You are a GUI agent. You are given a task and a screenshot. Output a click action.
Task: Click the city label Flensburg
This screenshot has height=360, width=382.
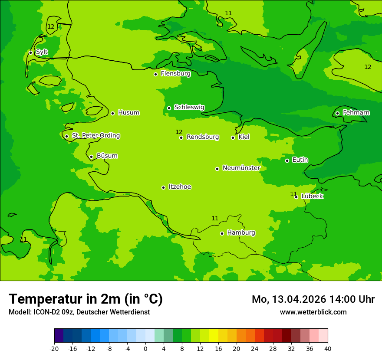(x=175, y=74)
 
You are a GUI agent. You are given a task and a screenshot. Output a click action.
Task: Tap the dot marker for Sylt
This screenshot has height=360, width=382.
(x=30, y=52)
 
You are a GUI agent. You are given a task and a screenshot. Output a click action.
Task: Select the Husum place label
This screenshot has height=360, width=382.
(x=128, y=113)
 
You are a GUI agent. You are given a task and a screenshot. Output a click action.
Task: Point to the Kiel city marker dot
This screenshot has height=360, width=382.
(x=233, y=137)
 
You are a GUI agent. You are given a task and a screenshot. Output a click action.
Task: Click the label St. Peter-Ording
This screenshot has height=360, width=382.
(x=95, y=136)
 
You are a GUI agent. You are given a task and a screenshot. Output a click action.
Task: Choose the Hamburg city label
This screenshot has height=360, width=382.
(x=241, y=233)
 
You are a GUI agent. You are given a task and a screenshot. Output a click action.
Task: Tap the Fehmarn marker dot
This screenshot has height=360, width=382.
(x=337, y=113)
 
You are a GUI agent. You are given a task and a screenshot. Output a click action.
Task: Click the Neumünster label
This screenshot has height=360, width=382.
(x=241, y=168)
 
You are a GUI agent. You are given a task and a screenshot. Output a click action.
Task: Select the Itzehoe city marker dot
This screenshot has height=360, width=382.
(x=163, y=187)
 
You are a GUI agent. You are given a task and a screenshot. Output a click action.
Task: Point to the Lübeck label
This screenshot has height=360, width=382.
(x=312, y=196)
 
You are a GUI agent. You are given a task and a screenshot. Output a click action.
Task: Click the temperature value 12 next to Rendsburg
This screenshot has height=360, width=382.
(x=179, y=132)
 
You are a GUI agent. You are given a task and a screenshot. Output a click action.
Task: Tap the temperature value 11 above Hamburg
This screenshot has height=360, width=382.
(x=215, y=218)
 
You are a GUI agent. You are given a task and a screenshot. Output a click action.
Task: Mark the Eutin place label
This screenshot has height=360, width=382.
(x=300, y=160)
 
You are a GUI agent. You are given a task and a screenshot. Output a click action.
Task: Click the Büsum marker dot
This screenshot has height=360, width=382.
(x=91, y=157)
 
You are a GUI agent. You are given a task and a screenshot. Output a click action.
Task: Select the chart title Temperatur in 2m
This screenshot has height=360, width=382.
(x=86, y=299)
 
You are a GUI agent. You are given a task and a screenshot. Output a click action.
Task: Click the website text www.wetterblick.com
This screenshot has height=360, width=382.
(x=313, y=312)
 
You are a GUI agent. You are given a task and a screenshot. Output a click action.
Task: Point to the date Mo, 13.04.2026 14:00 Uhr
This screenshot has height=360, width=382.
(x=313, y=299)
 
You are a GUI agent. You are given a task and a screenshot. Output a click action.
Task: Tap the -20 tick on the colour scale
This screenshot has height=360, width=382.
(x=54, y=349)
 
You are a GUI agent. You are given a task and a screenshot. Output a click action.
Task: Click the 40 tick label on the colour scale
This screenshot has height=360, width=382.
(x=327, y=349)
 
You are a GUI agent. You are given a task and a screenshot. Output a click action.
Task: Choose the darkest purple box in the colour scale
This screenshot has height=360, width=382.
(x=59, y=336)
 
